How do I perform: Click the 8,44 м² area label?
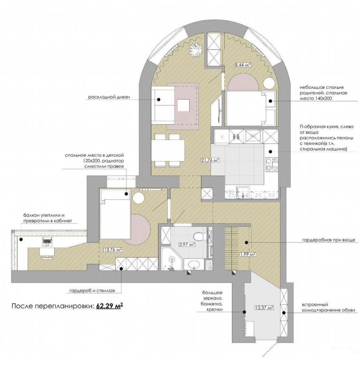click(x=242, y=65)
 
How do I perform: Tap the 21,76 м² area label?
click(x=210, y=160)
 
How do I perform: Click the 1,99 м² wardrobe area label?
click(x=248, y=254)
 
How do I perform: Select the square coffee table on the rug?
click(x=184, y=105)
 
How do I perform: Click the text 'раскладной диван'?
click(x=109, y=97)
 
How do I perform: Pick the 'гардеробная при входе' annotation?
click(x=328, y=240)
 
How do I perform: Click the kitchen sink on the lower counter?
click(x=243, y=192)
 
